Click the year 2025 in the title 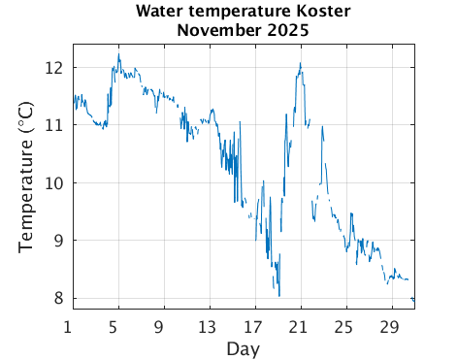[289, 30]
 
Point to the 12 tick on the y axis [54, 68]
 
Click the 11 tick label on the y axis [54, 125]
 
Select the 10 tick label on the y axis [54, 182]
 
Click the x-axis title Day [244, 346]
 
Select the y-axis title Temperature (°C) [27, 182]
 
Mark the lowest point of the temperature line [279, 296]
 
